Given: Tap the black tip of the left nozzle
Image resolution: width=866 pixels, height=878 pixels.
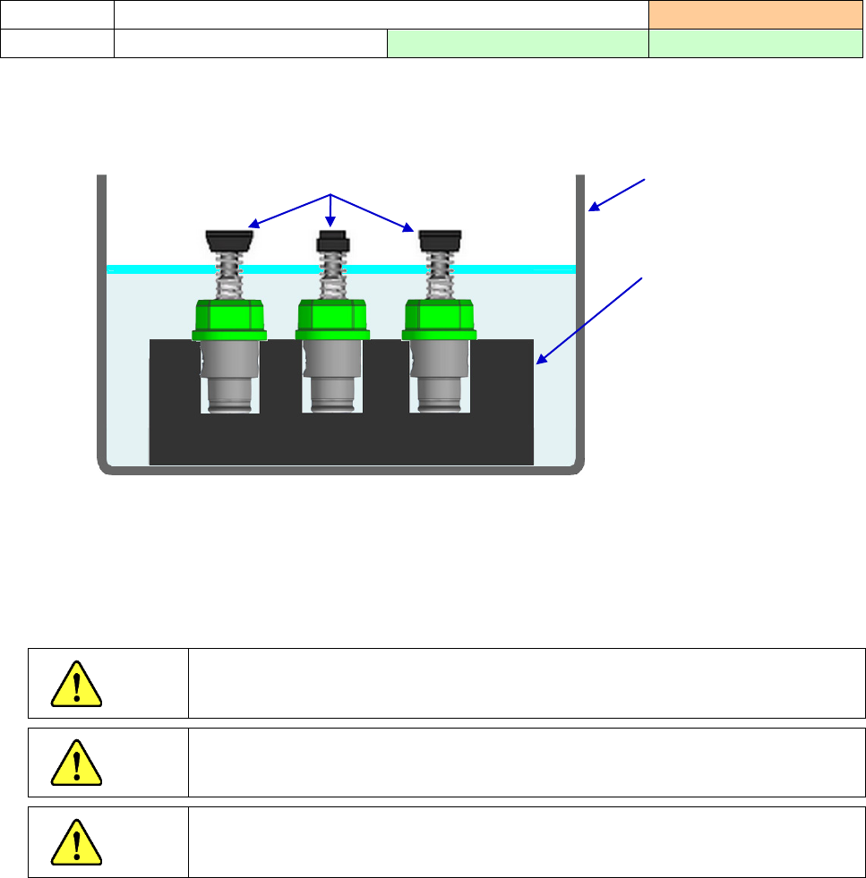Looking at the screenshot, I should tap(228, 239).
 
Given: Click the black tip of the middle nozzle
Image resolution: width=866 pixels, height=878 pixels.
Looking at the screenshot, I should tap(333, 242).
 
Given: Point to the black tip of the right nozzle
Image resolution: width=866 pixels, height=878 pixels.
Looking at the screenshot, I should tap(441, 239).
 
